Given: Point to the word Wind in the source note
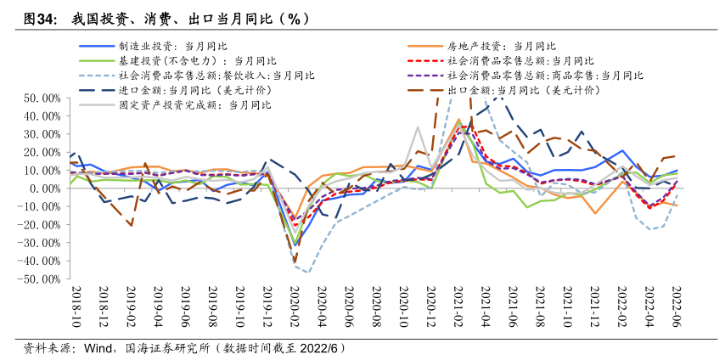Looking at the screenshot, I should (98, 348).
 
